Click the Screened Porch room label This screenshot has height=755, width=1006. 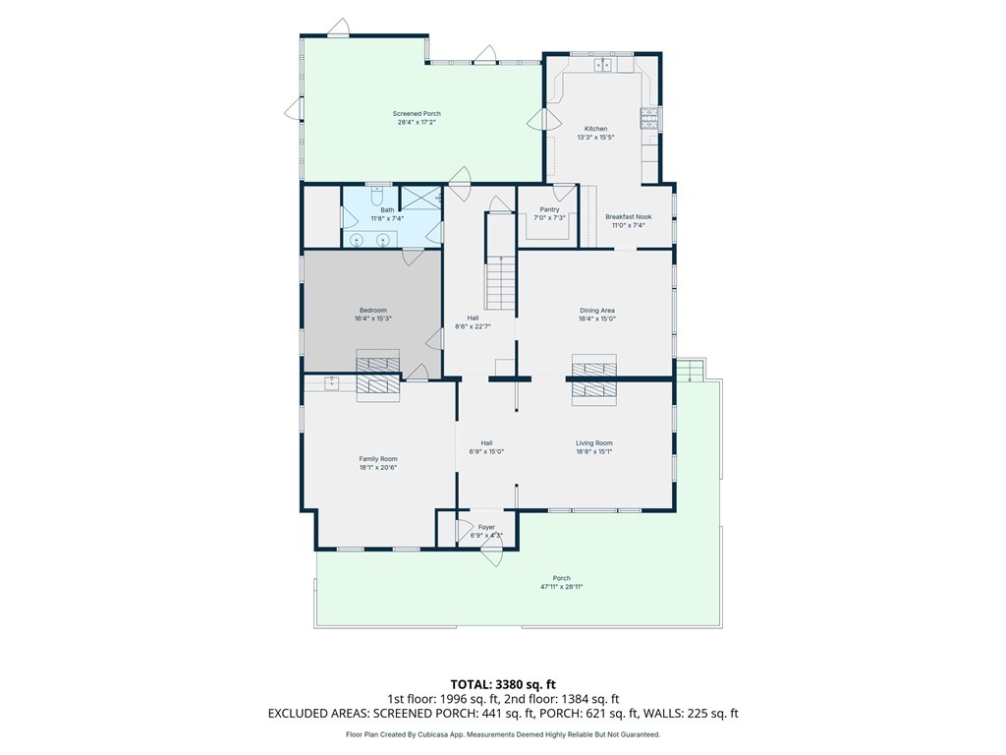[417, 114]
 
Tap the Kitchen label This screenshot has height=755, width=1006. [595, 129]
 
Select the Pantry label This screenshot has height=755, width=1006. [549, 209]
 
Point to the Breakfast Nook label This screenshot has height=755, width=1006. [628, 216]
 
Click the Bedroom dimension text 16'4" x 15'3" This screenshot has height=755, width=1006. [372, 319]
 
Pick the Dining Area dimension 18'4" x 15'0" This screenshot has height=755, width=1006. [597, 319]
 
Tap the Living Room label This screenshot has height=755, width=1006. [593, 443]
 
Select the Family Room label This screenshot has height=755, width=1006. [378, 459]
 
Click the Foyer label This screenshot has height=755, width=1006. [486, 527]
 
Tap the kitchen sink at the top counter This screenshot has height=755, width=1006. [602, 64]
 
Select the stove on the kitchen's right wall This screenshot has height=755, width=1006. [649, 119]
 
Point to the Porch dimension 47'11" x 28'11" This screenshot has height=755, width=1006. [561, 587]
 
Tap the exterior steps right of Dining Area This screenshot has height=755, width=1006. [690, 370]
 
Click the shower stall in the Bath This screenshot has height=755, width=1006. [420, 198]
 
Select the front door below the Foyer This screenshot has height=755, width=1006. [493, 551]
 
